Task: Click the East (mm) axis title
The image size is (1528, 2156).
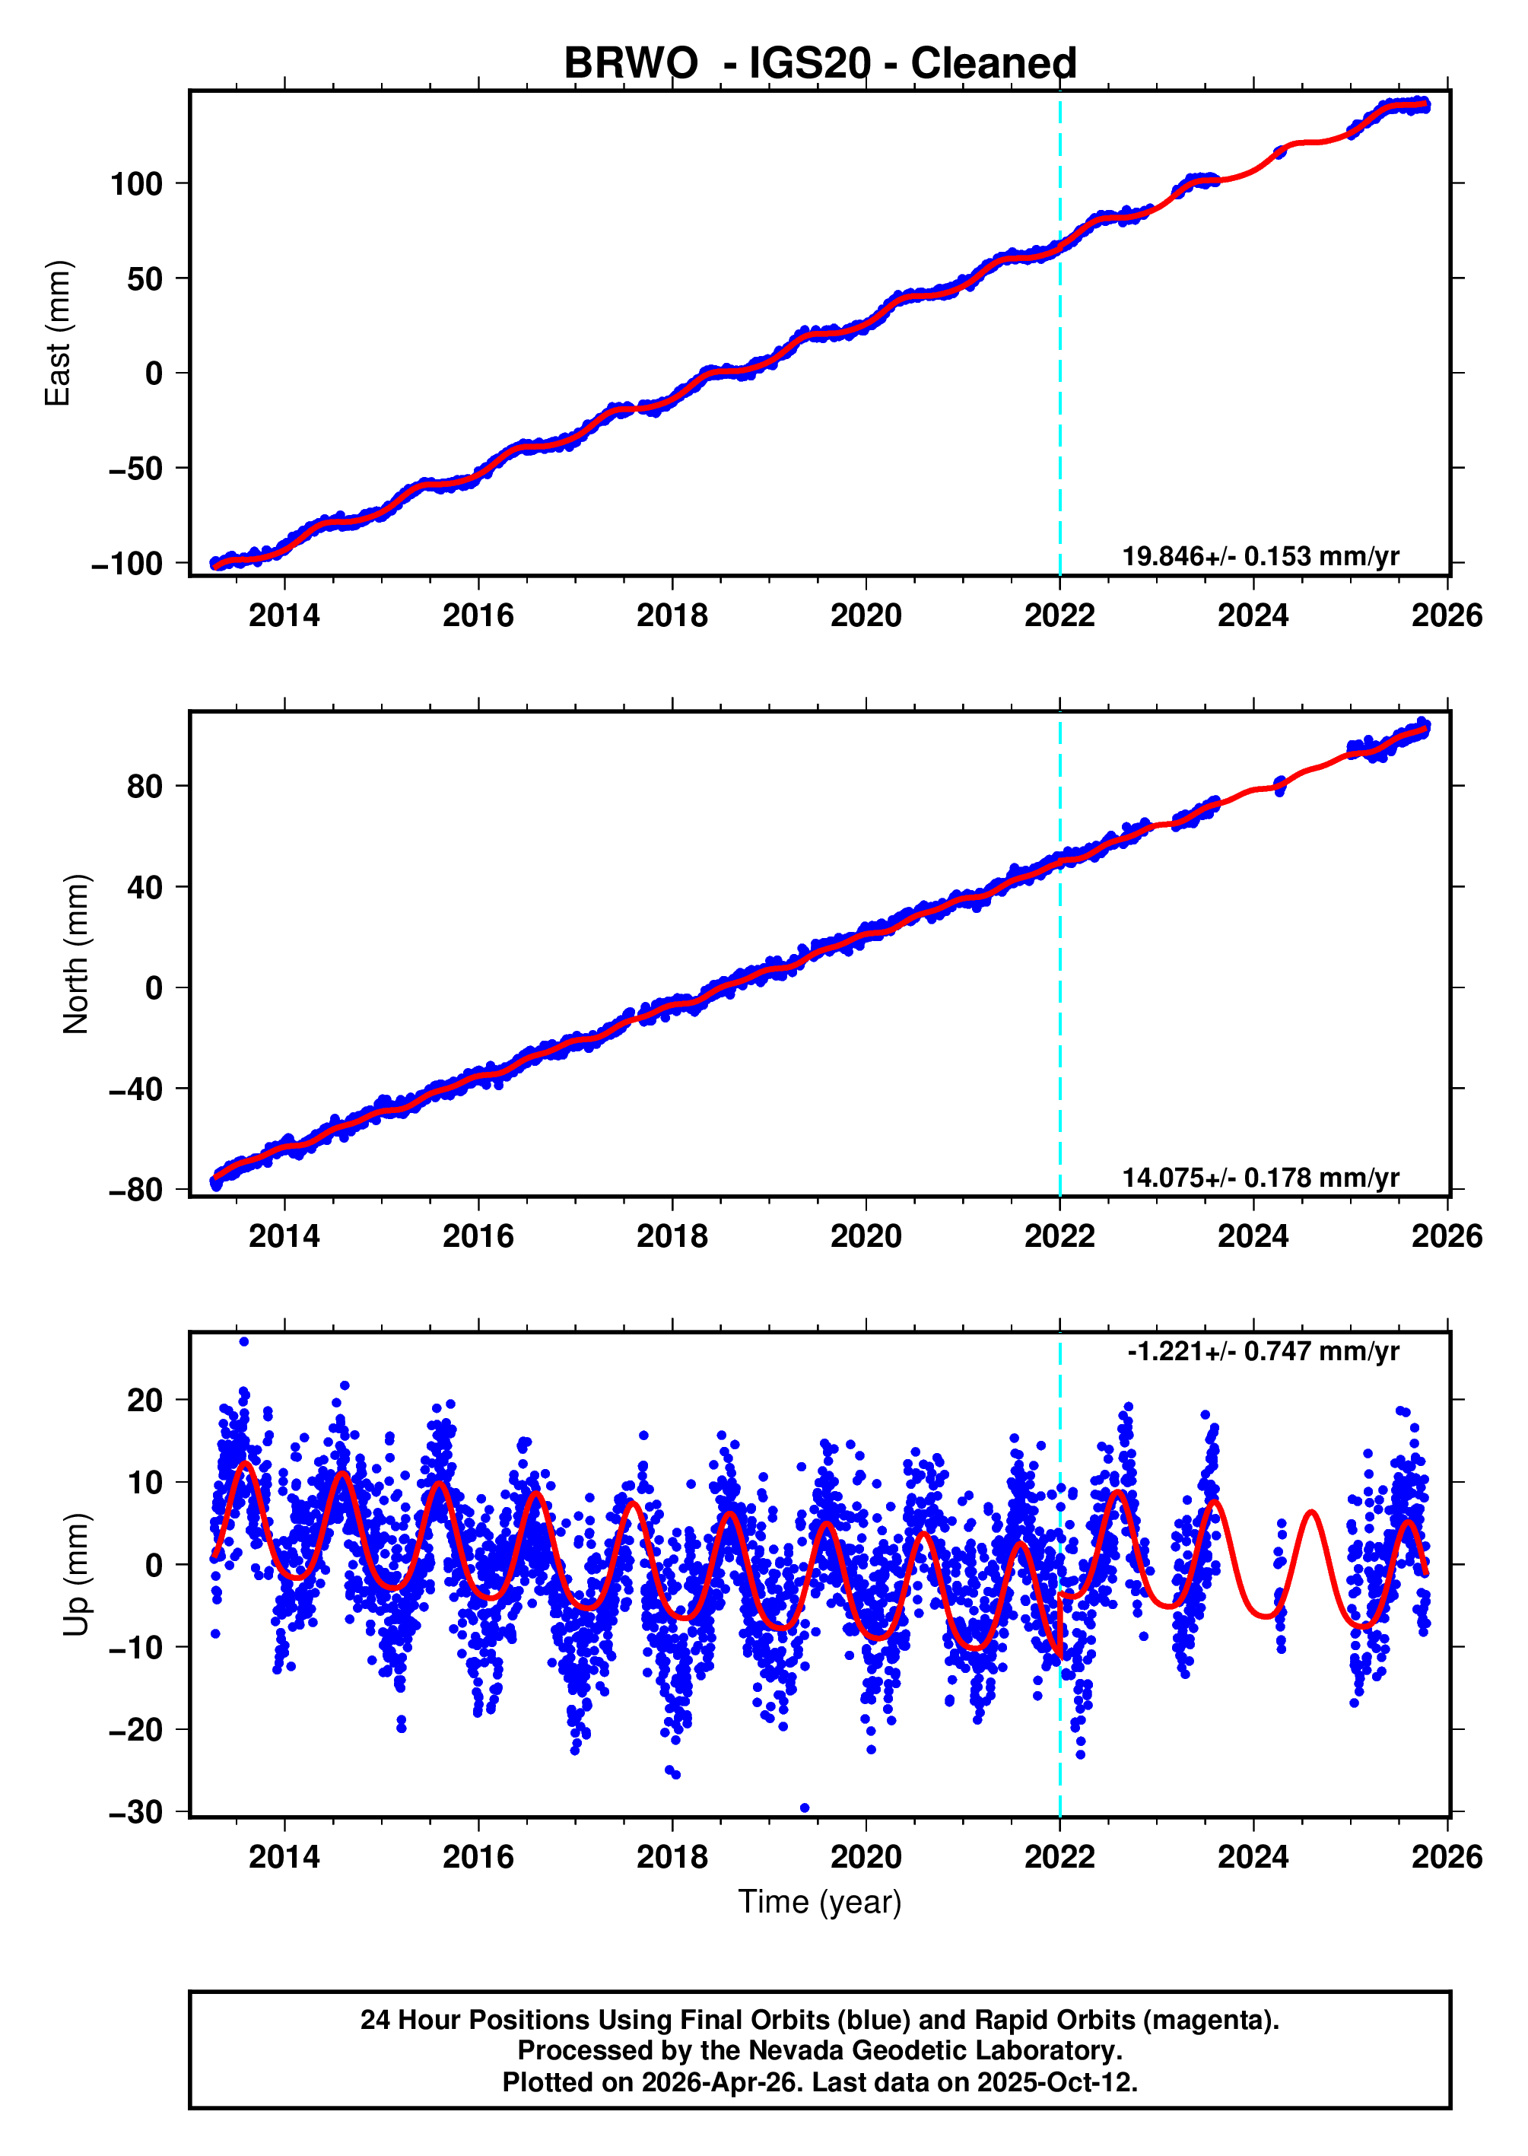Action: (59, 333)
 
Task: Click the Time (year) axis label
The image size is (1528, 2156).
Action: (819, 1901)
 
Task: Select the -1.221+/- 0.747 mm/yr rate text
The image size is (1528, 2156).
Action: (1263, 1351)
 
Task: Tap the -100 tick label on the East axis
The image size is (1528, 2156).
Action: (127, 564)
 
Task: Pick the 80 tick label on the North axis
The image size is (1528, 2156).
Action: (145, 786)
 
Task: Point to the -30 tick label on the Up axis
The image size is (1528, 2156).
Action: (135, 1811)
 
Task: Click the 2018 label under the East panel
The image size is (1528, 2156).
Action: (672, 615)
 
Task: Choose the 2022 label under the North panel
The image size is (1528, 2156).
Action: (1059, 1235)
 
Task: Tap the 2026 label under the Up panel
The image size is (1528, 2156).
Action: (1446, 1857)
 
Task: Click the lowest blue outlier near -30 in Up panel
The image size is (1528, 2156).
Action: (805, 1808)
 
